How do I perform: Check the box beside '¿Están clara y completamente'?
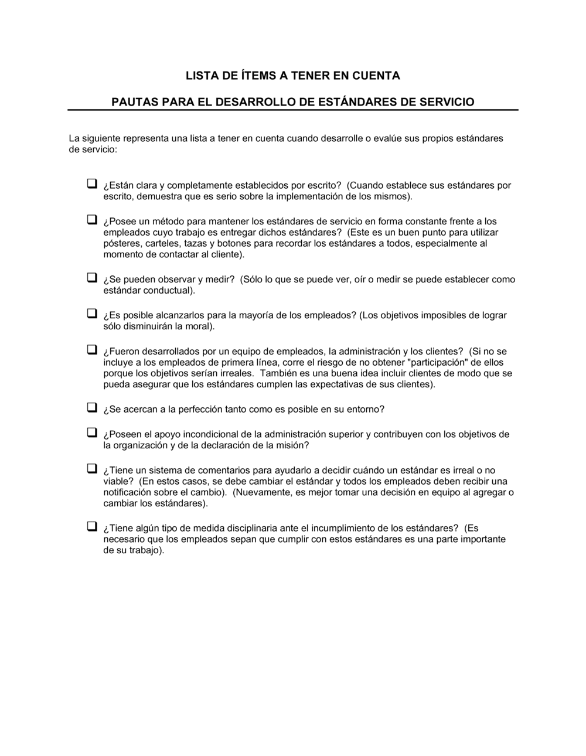coord(92,183)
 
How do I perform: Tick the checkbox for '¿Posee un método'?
coord(92,220)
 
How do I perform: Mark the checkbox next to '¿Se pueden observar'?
coord(92,278)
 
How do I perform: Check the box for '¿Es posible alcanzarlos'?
coord(92,314)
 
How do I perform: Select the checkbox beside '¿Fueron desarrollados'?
coord(92,350)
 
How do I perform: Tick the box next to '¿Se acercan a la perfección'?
coord(92,407)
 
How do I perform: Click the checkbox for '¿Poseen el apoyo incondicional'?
coord(92,433)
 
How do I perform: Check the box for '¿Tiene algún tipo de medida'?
coord(92,526)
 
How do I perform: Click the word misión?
coord(291,446)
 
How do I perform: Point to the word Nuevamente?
coord(260,493)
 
